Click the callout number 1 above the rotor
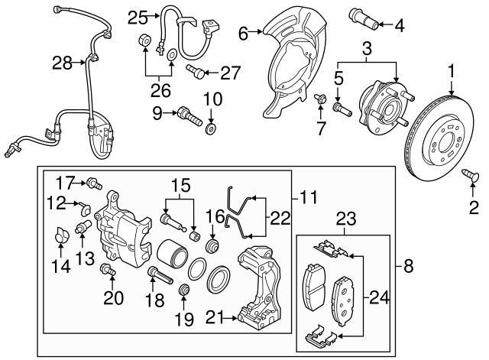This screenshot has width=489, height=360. click(x=451, y=72)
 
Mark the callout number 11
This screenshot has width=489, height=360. click(x=309, y=197)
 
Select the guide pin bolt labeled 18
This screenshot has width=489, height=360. click(x=154, y=272)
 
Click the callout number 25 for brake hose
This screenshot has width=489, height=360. click(x=138, y=16)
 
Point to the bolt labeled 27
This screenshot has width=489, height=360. click(x=196, y=72)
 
